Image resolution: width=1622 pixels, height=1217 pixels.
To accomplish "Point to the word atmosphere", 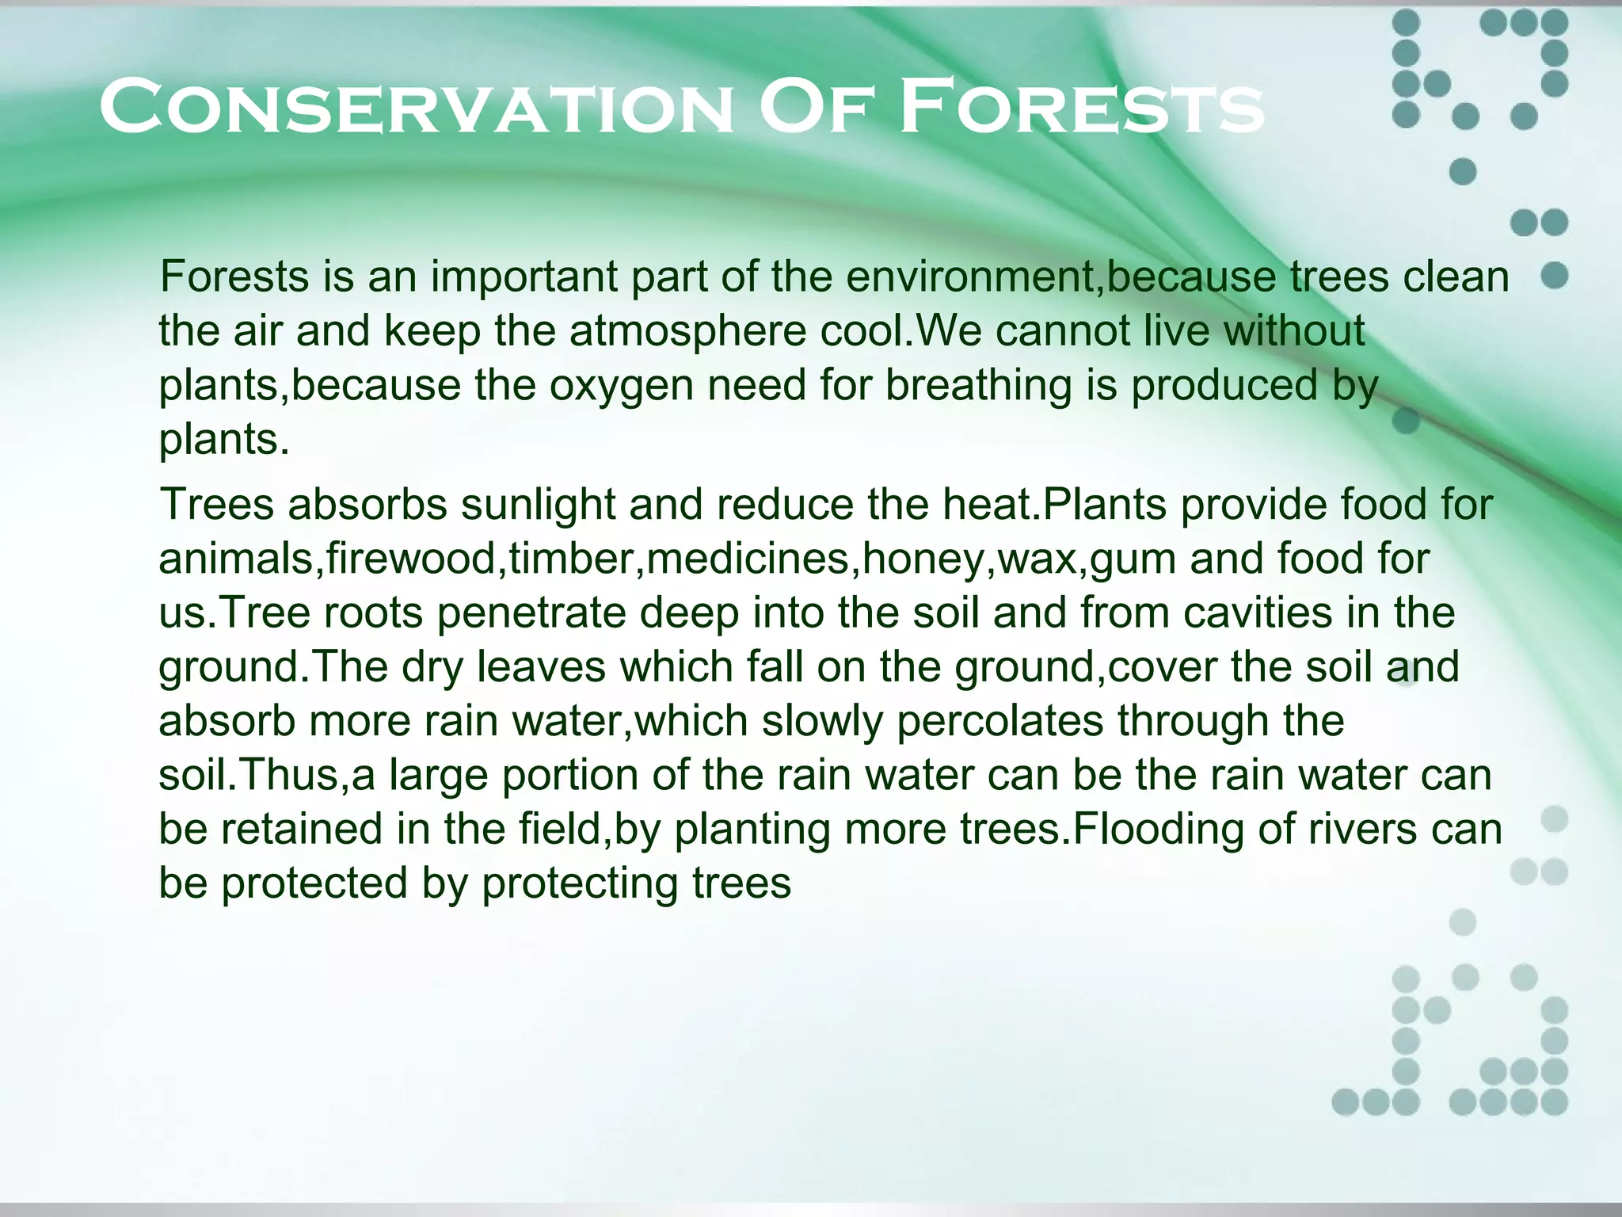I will pyautogui.click(x=687, y=330).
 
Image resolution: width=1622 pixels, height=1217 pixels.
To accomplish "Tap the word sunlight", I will pyautogui.click(x=538, y=504).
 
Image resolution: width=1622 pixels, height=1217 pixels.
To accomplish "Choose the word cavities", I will pyautogui.click(x=1258, y=612).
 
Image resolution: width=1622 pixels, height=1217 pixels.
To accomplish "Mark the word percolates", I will pyautogui.click(x=999, y=721).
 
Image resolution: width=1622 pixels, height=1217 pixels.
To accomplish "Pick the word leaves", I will pyautogui.click(x=540, y=667).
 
